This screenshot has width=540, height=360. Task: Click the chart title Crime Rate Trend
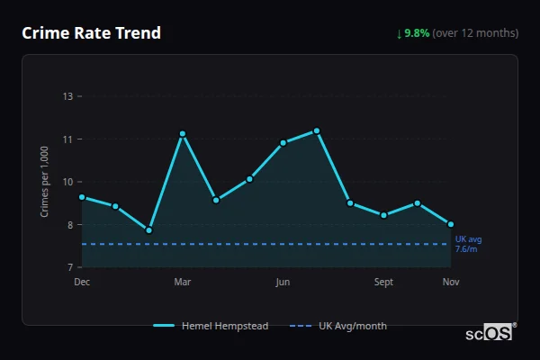pos(91,33)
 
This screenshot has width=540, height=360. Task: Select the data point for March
pos(183,134)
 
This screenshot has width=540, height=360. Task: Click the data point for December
pos(82,197)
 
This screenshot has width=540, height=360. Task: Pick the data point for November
pos(451,224)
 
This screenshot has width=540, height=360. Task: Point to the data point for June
pos(283,142)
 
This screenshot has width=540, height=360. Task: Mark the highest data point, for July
pos(317,131)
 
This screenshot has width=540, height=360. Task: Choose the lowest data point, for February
pos(149,230)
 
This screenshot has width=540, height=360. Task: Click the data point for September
pos(384,215)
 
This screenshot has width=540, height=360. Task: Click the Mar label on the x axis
pos(183,282)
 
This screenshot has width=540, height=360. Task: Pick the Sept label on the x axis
pos(384,282)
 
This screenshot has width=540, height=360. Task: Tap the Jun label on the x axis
pos(283,282)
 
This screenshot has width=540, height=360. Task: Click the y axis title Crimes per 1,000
pos(45,182)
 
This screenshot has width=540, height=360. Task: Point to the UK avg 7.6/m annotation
pos(468,244)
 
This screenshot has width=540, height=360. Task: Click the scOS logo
pos(489,333)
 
